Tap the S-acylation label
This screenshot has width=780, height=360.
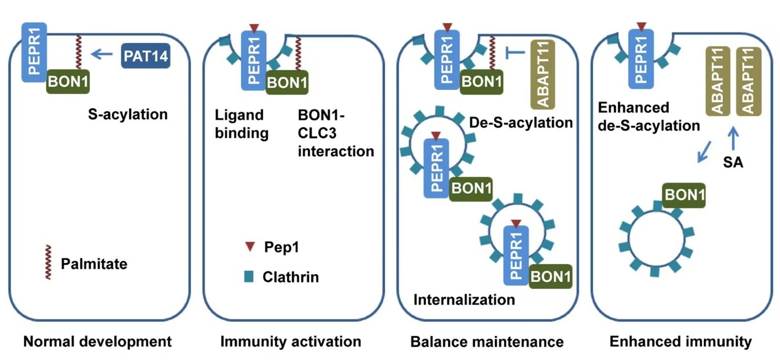127,114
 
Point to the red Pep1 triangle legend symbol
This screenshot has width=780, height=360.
249,247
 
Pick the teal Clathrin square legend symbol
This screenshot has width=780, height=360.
249,276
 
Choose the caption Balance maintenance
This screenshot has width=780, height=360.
487,342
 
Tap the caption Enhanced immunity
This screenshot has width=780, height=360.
680,342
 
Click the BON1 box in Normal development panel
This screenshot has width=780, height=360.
68,81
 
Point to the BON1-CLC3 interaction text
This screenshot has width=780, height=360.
336,133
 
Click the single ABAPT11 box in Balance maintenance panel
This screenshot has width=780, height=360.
542,74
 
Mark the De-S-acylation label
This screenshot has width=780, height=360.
521,122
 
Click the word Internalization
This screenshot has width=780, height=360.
464,300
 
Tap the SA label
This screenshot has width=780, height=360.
734,163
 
